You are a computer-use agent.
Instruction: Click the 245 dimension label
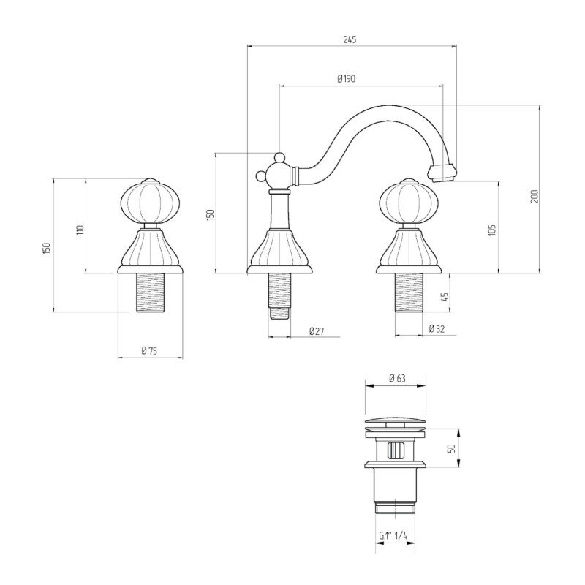(350, 39)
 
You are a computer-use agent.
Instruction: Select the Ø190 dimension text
(346, 79)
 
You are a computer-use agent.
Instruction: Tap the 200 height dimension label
(535, 197)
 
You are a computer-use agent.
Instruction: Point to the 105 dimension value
(492, 230)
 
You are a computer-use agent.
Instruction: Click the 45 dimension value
(445, 297)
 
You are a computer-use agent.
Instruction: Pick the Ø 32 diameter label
(437, 328)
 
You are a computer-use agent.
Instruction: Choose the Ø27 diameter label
(317, 331)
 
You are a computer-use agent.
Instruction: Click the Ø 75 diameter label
(150, 350)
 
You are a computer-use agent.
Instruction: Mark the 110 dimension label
(80, 230)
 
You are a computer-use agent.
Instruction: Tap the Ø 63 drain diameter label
(397, 378)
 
